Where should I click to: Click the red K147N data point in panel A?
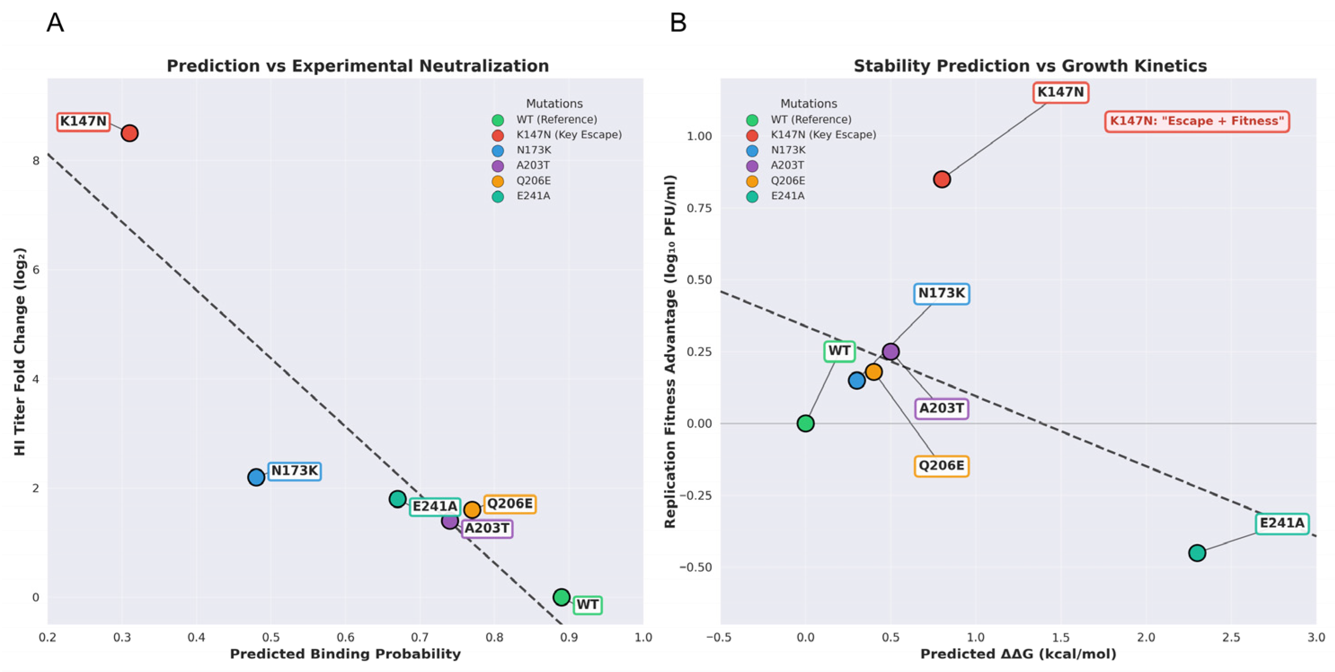[129, 133]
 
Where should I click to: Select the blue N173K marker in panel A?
[256, 477]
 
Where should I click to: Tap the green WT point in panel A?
[561, 597]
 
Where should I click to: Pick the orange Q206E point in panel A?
[472, 510]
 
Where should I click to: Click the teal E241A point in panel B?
[1197, 553]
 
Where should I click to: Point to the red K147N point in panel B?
[942, 179]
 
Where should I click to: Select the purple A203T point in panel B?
[890, 352]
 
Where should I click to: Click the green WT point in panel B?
[805, 423]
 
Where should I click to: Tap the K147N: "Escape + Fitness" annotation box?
[1197, 121]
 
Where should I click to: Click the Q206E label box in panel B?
[941, 466]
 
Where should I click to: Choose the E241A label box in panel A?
[435, 506]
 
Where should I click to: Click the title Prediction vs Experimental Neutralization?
[358, 66]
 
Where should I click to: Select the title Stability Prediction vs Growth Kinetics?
[1030, 66]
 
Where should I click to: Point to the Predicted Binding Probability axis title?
[345, 654]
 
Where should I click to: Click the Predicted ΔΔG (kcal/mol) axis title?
[1018, 654]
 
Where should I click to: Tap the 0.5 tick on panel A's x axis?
[271, 637]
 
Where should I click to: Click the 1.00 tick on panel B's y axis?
[699, 136]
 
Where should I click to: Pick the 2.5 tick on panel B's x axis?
[1231, 637]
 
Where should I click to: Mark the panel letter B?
[679, 23]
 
